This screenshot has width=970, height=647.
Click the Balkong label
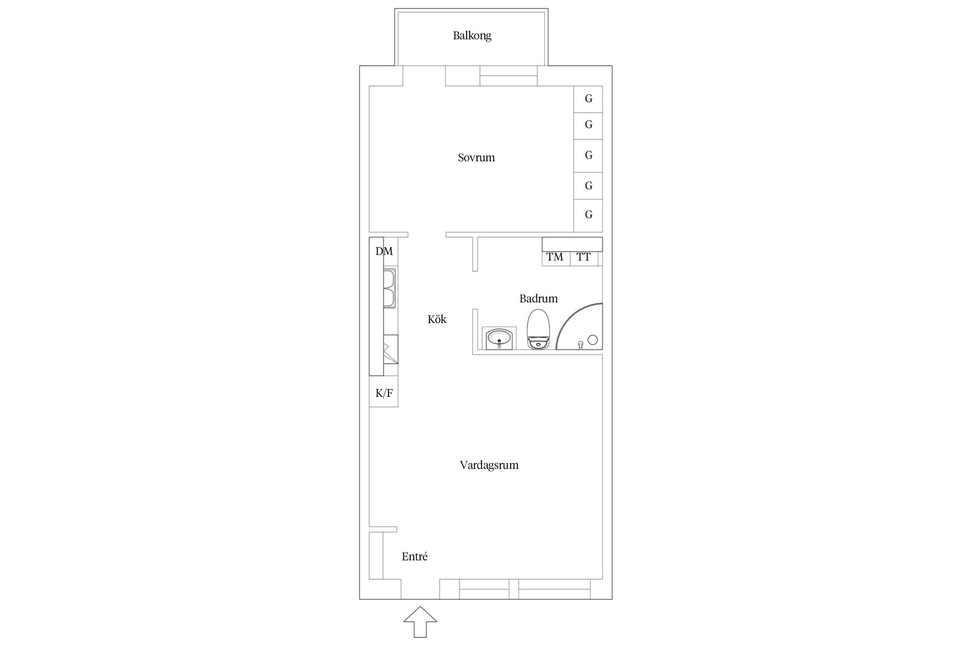click(472, 36)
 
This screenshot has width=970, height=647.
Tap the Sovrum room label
click(476, 158)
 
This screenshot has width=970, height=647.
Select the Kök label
click(437, 319)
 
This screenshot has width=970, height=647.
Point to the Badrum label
click(539, 299)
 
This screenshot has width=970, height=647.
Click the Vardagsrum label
click(489, 465)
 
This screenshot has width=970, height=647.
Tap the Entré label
click(415, 557)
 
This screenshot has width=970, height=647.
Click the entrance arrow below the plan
click(420, 622)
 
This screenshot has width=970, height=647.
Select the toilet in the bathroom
click(539, 329)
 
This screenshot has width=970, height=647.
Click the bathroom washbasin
click(500, 339)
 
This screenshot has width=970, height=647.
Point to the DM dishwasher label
click(384, 251)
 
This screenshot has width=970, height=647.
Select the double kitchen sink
click(390, 288)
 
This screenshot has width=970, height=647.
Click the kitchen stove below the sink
click(391, 349)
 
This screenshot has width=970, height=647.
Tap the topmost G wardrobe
click(588, 99)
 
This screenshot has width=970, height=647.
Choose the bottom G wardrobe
click(588, 215)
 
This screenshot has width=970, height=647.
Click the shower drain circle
click(593, 340)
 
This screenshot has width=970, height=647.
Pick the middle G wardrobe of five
click(588, 155)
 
